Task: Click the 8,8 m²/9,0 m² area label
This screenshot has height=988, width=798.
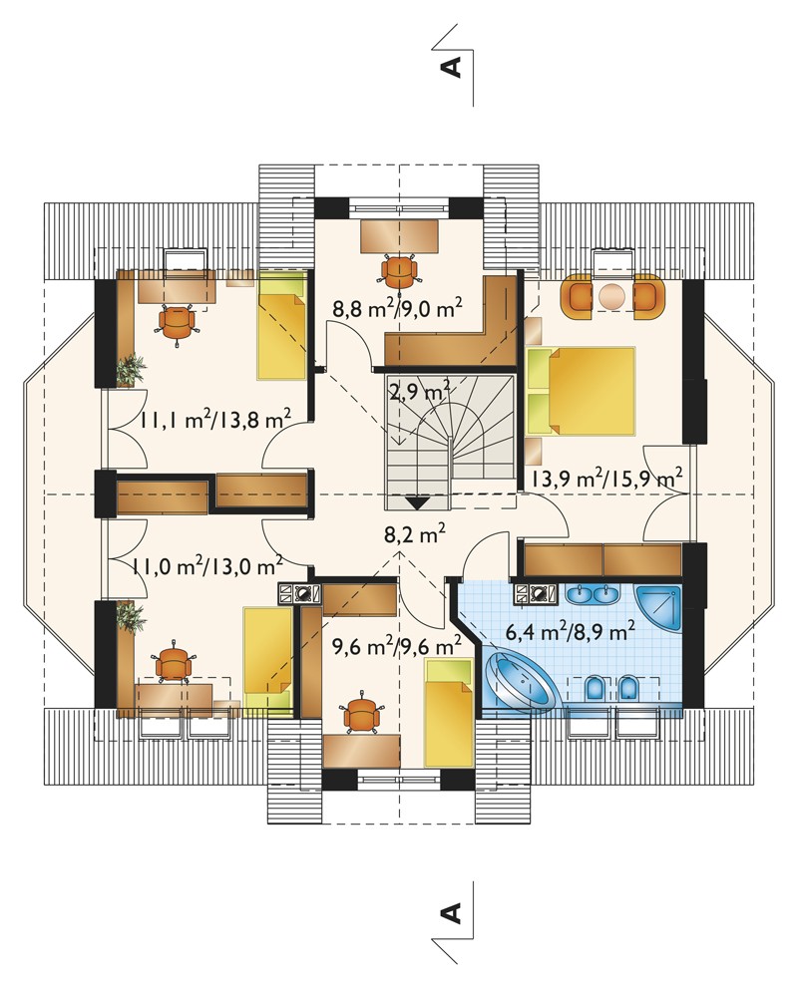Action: coord(398,309)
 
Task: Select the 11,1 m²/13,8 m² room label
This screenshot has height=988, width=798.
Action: coord(215,420)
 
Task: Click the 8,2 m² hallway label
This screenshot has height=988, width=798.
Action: coord(415,535)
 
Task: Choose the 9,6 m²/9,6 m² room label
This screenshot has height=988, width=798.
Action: coord(397,646)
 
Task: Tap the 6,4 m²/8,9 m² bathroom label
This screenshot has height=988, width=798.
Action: coord(570,632)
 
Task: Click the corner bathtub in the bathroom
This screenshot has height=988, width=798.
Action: coord(522,683)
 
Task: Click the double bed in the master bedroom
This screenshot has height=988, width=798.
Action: coord(581,391)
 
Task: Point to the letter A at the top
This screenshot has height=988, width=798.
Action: coord(453,66)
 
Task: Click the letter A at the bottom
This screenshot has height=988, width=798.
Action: coord(453,912)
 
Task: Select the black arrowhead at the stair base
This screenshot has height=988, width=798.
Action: coord(418,503)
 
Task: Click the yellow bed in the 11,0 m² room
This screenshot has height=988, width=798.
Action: coord(268,658)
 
